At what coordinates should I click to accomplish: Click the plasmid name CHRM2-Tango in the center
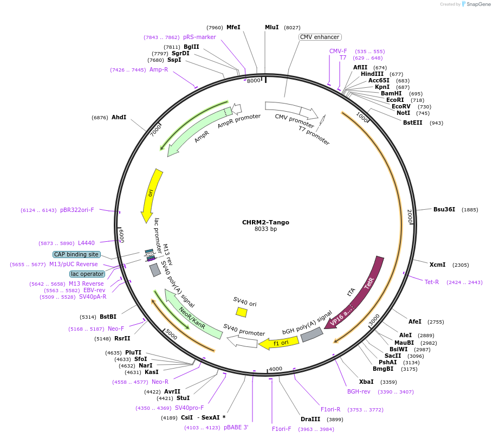coord(265,222)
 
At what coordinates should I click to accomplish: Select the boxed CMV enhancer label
coord(320,37)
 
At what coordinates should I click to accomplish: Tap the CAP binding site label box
coord(76,254)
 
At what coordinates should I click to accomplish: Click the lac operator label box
coord(87,274)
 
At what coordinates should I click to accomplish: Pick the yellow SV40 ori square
coord(242,312)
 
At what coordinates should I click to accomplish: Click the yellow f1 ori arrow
coord(279,343)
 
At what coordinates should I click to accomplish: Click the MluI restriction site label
coord(271,27)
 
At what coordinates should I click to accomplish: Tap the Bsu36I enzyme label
coord(444,209)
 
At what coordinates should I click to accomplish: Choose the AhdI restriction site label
coord(119,117)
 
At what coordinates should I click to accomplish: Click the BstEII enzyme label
coord(413,123)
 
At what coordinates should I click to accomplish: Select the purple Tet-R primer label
coord(432,282)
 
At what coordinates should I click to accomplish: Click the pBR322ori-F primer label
coord(77,210)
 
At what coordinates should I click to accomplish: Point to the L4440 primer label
coord(86,243)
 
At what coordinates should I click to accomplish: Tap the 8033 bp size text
coord(265,229)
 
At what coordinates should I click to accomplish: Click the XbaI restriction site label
coord(366,382)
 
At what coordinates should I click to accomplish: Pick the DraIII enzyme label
coord(310,419)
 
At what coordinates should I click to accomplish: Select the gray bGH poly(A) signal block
coord(312,335)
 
